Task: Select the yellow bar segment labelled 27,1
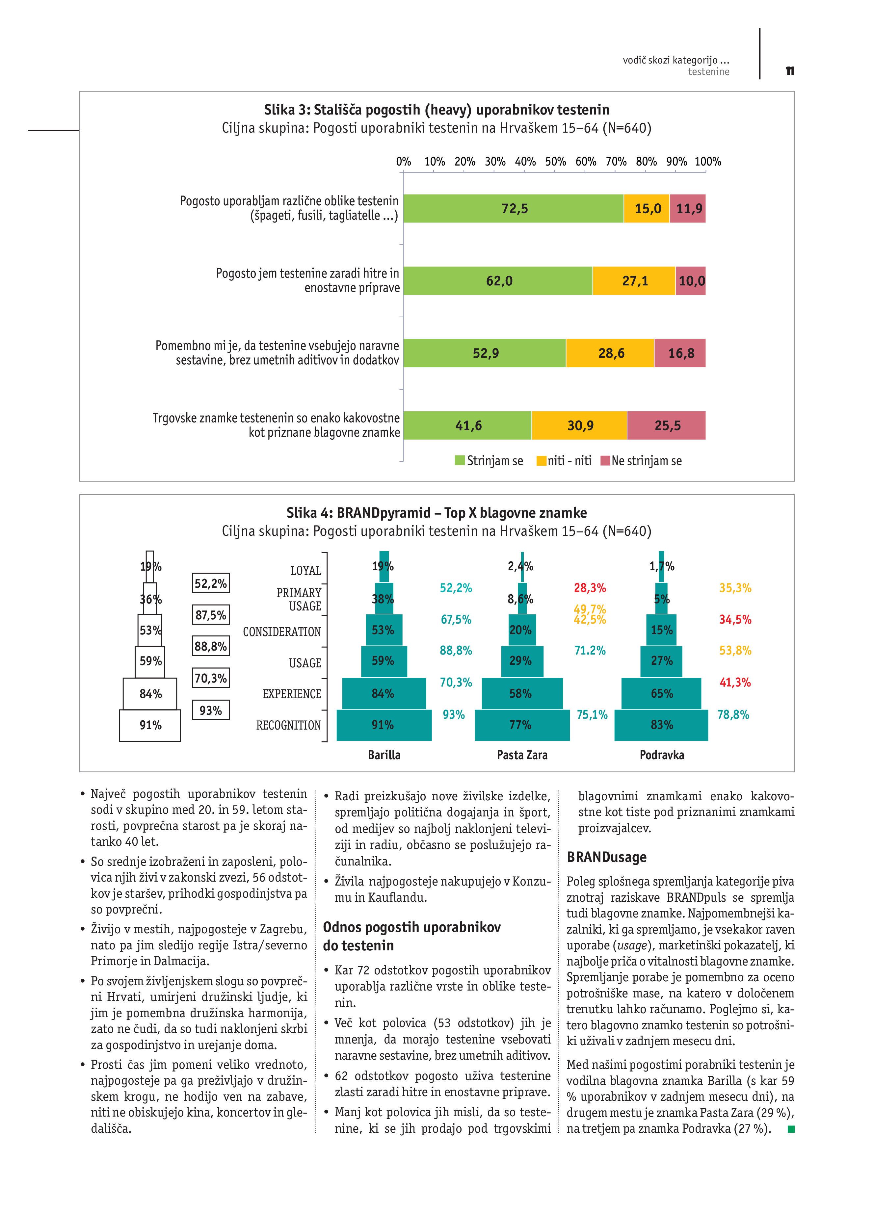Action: click(x=634, y=281)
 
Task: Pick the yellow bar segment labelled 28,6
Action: click(x=610, y=353)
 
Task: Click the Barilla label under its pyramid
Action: click(x=384, y=755)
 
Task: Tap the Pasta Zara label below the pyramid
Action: click(x=522, y=755)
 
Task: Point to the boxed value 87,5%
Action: click(x=211, y=615)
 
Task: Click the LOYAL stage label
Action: click(x=306, y=571)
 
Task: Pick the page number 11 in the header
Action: click(x=789, y=71)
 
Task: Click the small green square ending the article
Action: click(x=791, y=1129)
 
